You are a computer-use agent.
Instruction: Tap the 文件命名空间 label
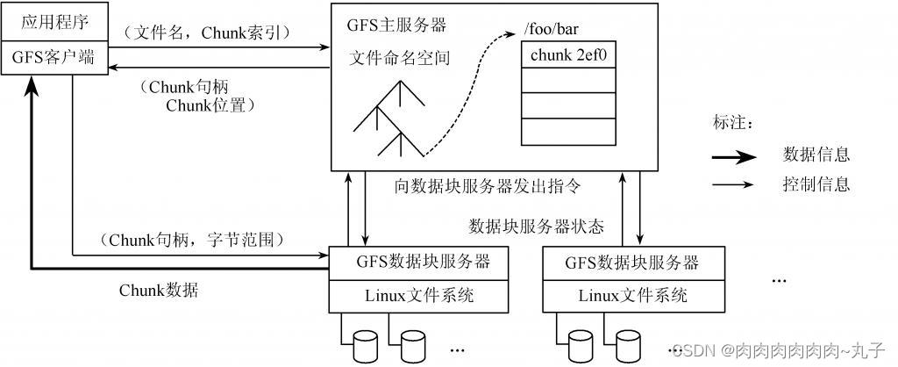400,59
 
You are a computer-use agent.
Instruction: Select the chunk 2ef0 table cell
568,54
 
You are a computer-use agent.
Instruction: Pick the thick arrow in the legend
734,156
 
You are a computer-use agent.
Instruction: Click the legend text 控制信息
816,185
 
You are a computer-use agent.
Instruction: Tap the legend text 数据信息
816,155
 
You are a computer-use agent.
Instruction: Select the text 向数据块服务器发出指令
488,186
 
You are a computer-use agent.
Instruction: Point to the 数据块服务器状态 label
537,226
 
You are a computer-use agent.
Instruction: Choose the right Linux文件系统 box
633,295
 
